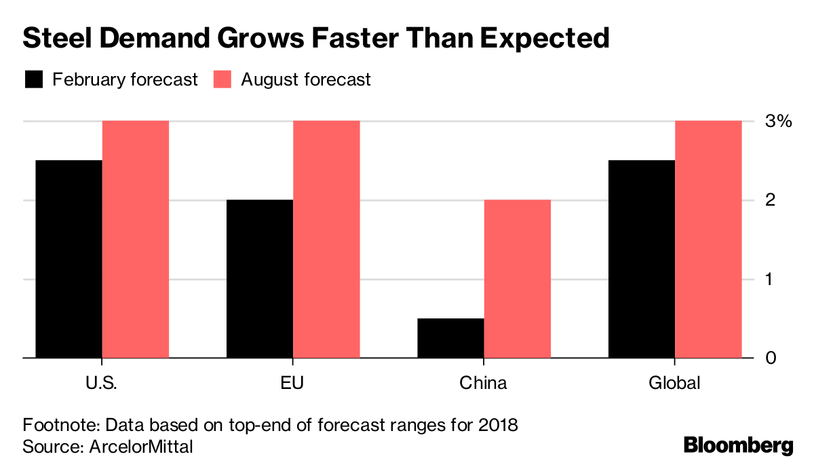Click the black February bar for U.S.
point(69,259)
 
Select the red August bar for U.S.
point(136,239)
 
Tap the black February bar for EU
point(260,278)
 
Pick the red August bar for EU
point(326,239)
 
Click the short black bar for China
point(450,337)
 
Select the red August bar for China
point(518,278)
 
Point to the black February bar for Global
point(642,259)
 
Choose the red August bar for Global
point(708,239)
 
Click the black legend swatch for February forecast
point(34,79)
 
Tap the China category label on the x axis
point(483,383)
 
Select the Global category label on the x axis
point(674,383)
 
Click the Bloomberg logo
point(738,445)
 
